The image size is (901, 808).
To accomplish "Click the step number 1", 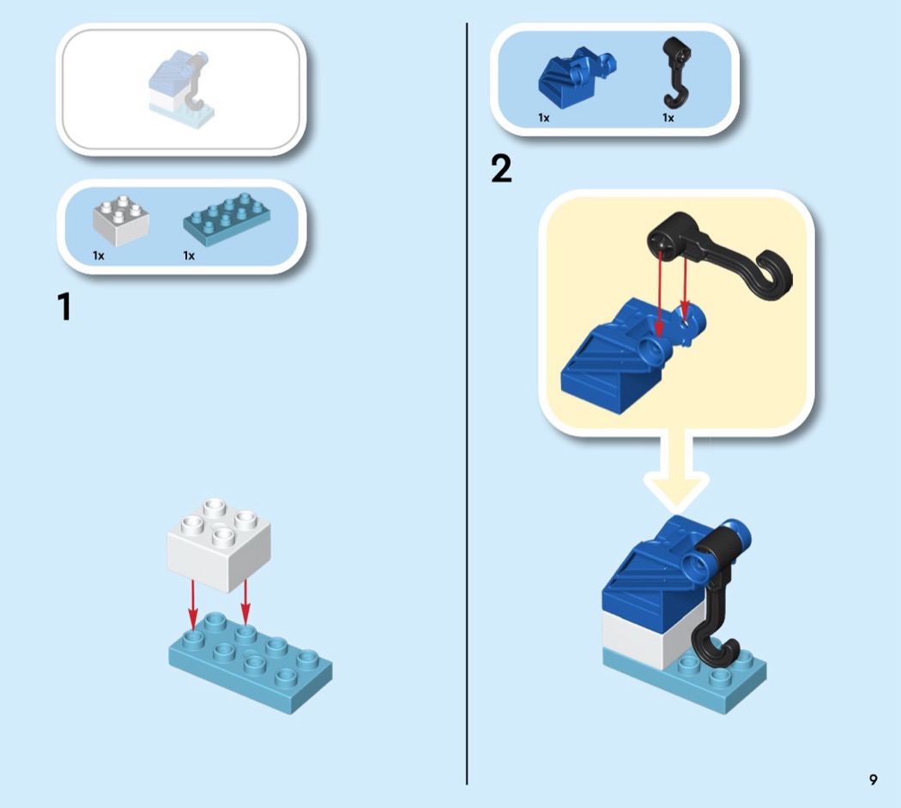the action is pos(64,307).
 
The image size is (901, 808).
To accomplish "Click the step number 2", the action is pos(501,169).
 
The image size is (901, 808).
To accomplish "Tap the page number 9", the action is pos(873,780).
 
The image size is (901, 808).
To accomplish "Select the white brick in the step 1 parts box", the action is pos(121,221).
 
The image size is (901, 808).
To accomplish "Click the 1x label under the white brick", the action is pos(99,256).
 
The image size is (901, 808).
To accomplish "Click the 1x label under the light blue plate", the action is pos(189,256).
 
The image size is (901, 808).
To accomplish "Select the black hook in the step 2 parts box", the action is pos(677,73).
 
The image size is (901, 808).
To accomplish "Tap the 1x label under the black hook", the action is pos(668,118).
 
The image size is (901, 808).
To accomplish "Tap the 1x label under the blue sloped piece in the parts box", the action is pos(543,118).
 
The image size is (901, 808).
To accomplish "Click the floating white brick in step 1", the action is pos(219,545).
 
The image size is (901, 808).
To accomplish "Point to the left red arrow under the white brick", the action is pos(192,604).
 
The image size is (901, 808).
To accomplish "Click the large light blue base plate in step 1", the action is pos(251,661).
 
